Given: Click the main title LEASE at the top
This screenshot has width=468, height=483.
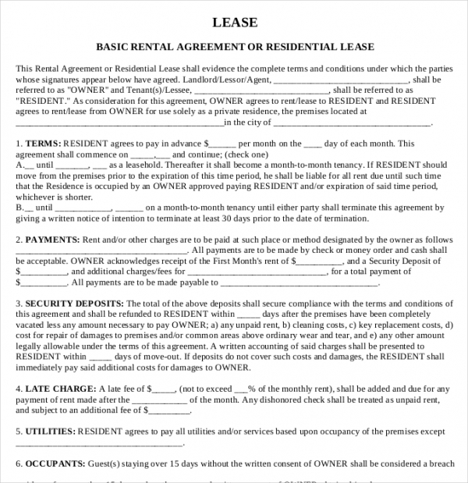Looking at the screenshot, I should click(235, 22).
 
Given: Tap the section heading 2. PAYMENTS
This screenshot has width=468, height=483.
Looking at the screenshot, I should click(47, 240).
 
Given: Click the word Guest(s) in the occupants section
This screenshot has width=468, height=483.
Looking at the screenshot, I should click(94, 463).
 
